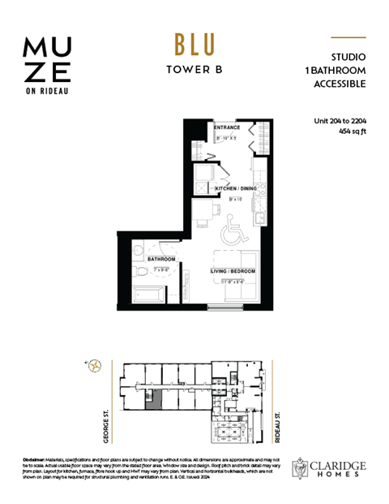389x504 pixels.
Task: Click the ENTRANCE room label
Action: [x=228, y=128]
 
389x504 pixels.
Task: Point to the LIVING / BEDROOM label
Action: [x=233, y=270]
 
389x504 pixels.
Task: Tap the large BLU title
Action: [x=194, y=44]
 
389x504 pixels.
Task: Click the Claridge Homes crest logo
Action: [x=301, y=466]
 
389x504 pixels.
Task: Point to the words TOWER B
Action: [x=194, y=69]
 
